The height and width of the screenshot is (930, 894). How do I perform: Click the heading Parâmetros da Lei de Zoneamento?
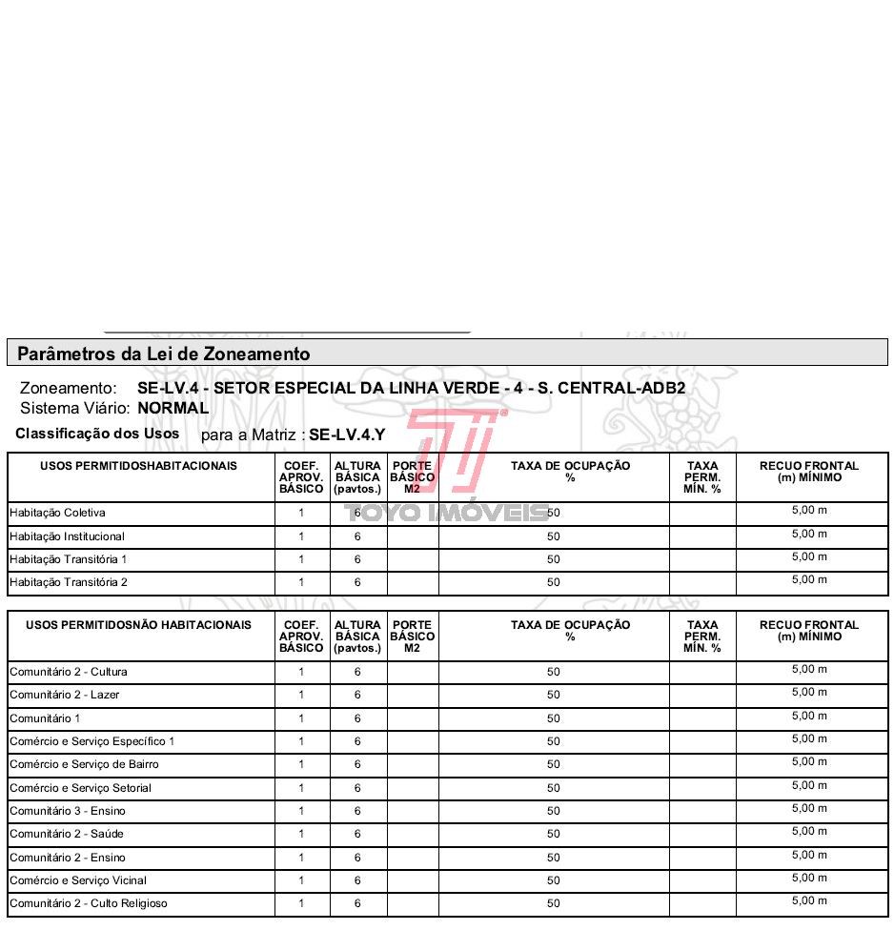[x=164, y=354]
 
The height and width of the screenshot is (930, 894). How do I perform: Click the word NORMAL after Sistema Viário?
[x=173, y=408]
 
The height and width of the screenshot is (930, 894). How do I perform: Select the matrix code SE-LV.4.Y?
[x=347, y=435]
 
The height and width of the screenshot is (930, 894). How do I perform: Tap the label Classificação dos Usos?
[x=97, y=434]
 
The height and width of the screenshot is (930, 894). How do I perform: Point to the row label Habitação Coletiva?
[x=57, y=513]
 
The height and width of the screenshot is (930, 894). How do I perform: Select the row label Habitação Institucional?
[x=67, y=536]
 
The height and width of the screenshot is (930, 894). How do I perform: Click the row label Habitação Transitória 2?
[x=69, y=582]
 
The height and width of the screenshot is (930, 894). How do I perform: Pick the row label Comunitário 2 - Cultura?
[x=69, y=672]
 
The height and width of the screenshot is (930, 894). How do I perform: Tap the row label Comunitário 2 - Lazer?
[x=65, y=695]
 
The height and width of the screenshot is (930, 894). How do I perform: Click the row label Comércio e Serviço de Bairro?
[x=84, y=764]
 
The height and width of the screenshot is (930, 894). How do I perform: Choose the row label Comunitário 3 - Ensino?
[x=68, y=811]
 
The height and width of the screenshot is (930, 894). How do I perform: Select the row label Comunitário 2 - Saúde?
[x=67, y=834]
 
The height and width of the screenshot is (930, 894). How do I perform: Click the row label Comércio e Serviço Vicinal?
[x=78, y=880]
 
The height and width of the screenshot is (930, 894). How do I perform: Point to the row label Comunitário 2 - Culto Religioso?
[x=89, y=903]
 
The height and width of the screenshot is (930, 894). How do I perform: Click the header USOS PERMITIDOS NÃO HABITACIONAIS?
[x=139, y=625]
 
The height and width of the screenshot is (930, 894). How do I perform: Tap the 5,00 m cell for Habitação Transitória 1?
[x=810, y=557]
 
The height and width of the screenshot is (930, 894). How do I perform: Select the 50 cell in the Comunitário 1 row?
[x=554, y=718]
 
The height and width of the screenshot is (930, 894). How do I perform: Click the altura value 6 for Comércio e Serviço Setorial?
[x=357, y=788]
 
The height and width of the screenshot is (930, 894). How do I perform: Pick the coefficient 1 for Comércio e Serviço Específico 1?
[x=301, y=741]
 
